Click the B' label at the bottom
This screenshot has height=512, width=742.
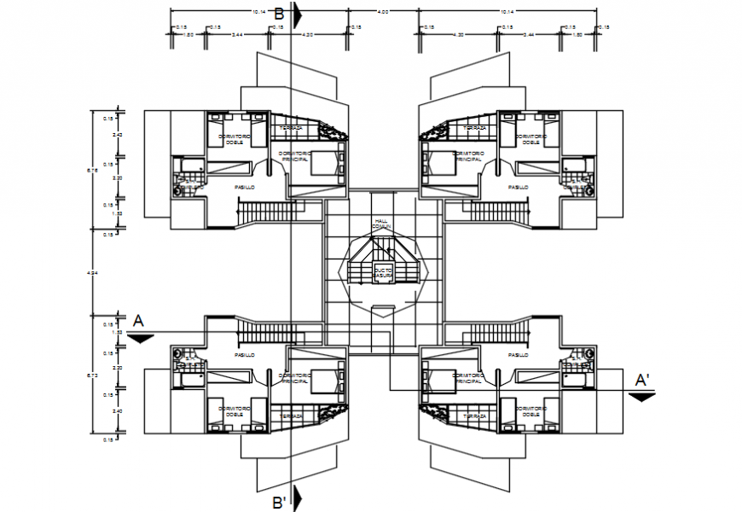[279, 502]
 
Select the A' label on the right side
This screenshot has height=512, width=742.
[641, 377]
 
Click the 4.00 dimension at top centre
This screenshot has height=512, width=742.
[383, 12]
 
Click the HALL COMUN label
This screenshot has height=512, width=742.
[380, 224]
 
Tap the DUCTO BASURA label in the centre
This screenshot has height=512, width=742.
[382, 272]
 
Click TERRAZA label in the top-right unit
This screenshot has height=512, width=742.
[474, 128]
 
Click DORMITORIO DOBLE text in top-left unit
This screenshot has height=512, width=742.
[234, 139]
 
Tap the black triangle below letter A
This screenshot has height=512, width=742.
[141, 338]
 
